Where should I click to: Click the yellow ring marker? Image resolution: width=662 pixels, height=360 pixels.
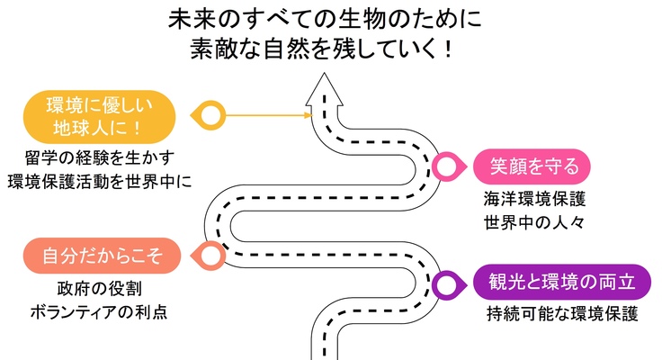coord(210,115)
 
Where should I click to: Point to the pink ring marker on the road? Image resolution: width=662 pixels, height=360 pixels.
coord(445,166)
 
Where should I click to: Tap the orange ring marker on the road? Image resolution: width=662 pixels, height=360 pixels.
coord(210,256)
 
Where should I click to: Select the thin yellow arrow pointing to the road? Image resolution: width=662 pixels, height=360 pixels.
coord(265,115)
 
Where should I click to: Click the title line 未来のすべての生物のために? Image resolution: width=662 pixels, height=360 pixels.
coord(325,19)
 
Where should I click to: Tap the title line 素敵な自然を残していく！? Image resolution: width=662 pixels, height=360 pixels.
coord(325,50)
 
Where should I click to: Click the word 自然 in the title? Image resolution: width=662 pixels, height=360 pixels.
coord(285,50)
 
